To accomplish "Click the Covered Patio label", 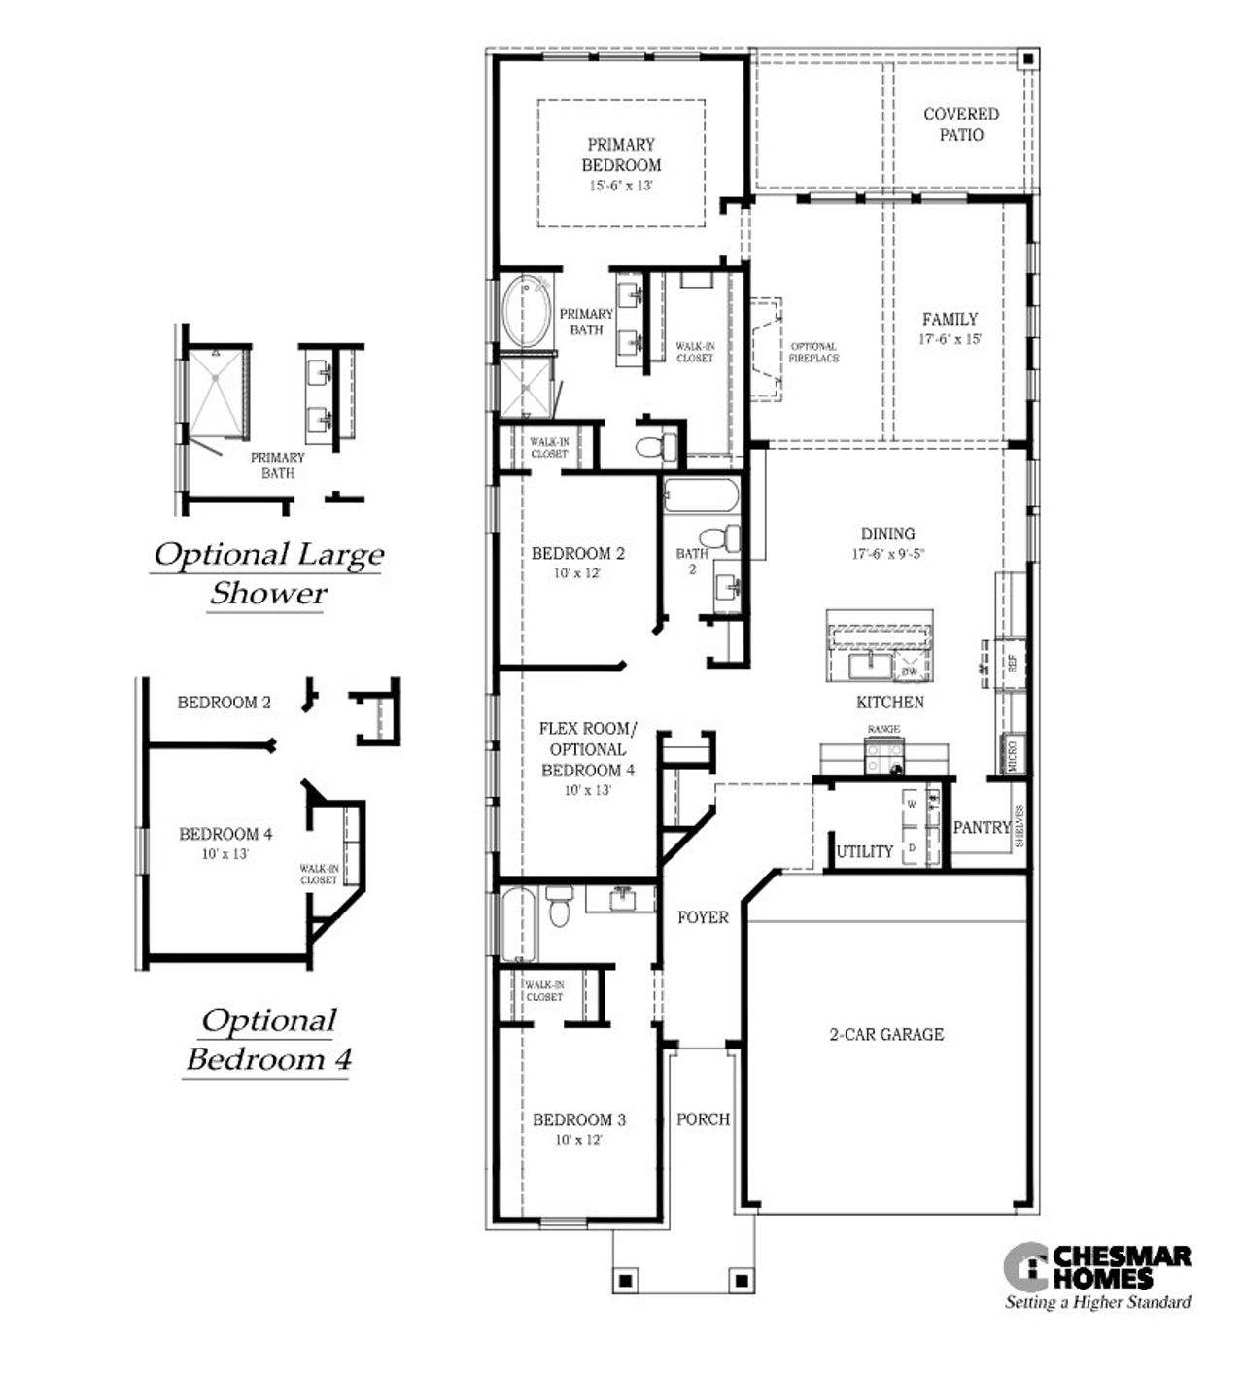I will point(960,124).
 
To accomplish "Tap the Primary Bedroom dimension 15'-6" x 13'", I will point(622,186).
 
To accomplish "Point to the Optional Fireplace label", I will point(813,352).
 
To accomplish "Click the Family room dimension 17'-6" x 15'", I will point(950,340).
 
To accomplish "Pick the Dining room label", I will point(887,533).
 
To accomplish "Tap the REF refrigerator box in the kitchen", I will point(1012,665).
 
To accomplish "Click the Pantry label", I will point(982,828).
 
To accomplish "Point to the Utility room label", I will point(865,851).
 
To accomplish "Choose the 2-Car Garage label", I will point(885,1034).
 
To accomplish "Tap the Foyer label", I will point(703,917).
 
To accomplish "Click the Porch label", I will point(703,1119).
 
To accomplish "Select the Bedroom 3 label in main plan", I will point(579,1119).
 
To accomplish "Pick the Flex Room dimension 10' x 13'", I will point(588,790).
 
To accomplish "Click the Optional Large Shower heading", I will point(268,573).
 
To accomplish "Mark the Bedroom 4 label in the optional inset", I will point(225,834).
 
